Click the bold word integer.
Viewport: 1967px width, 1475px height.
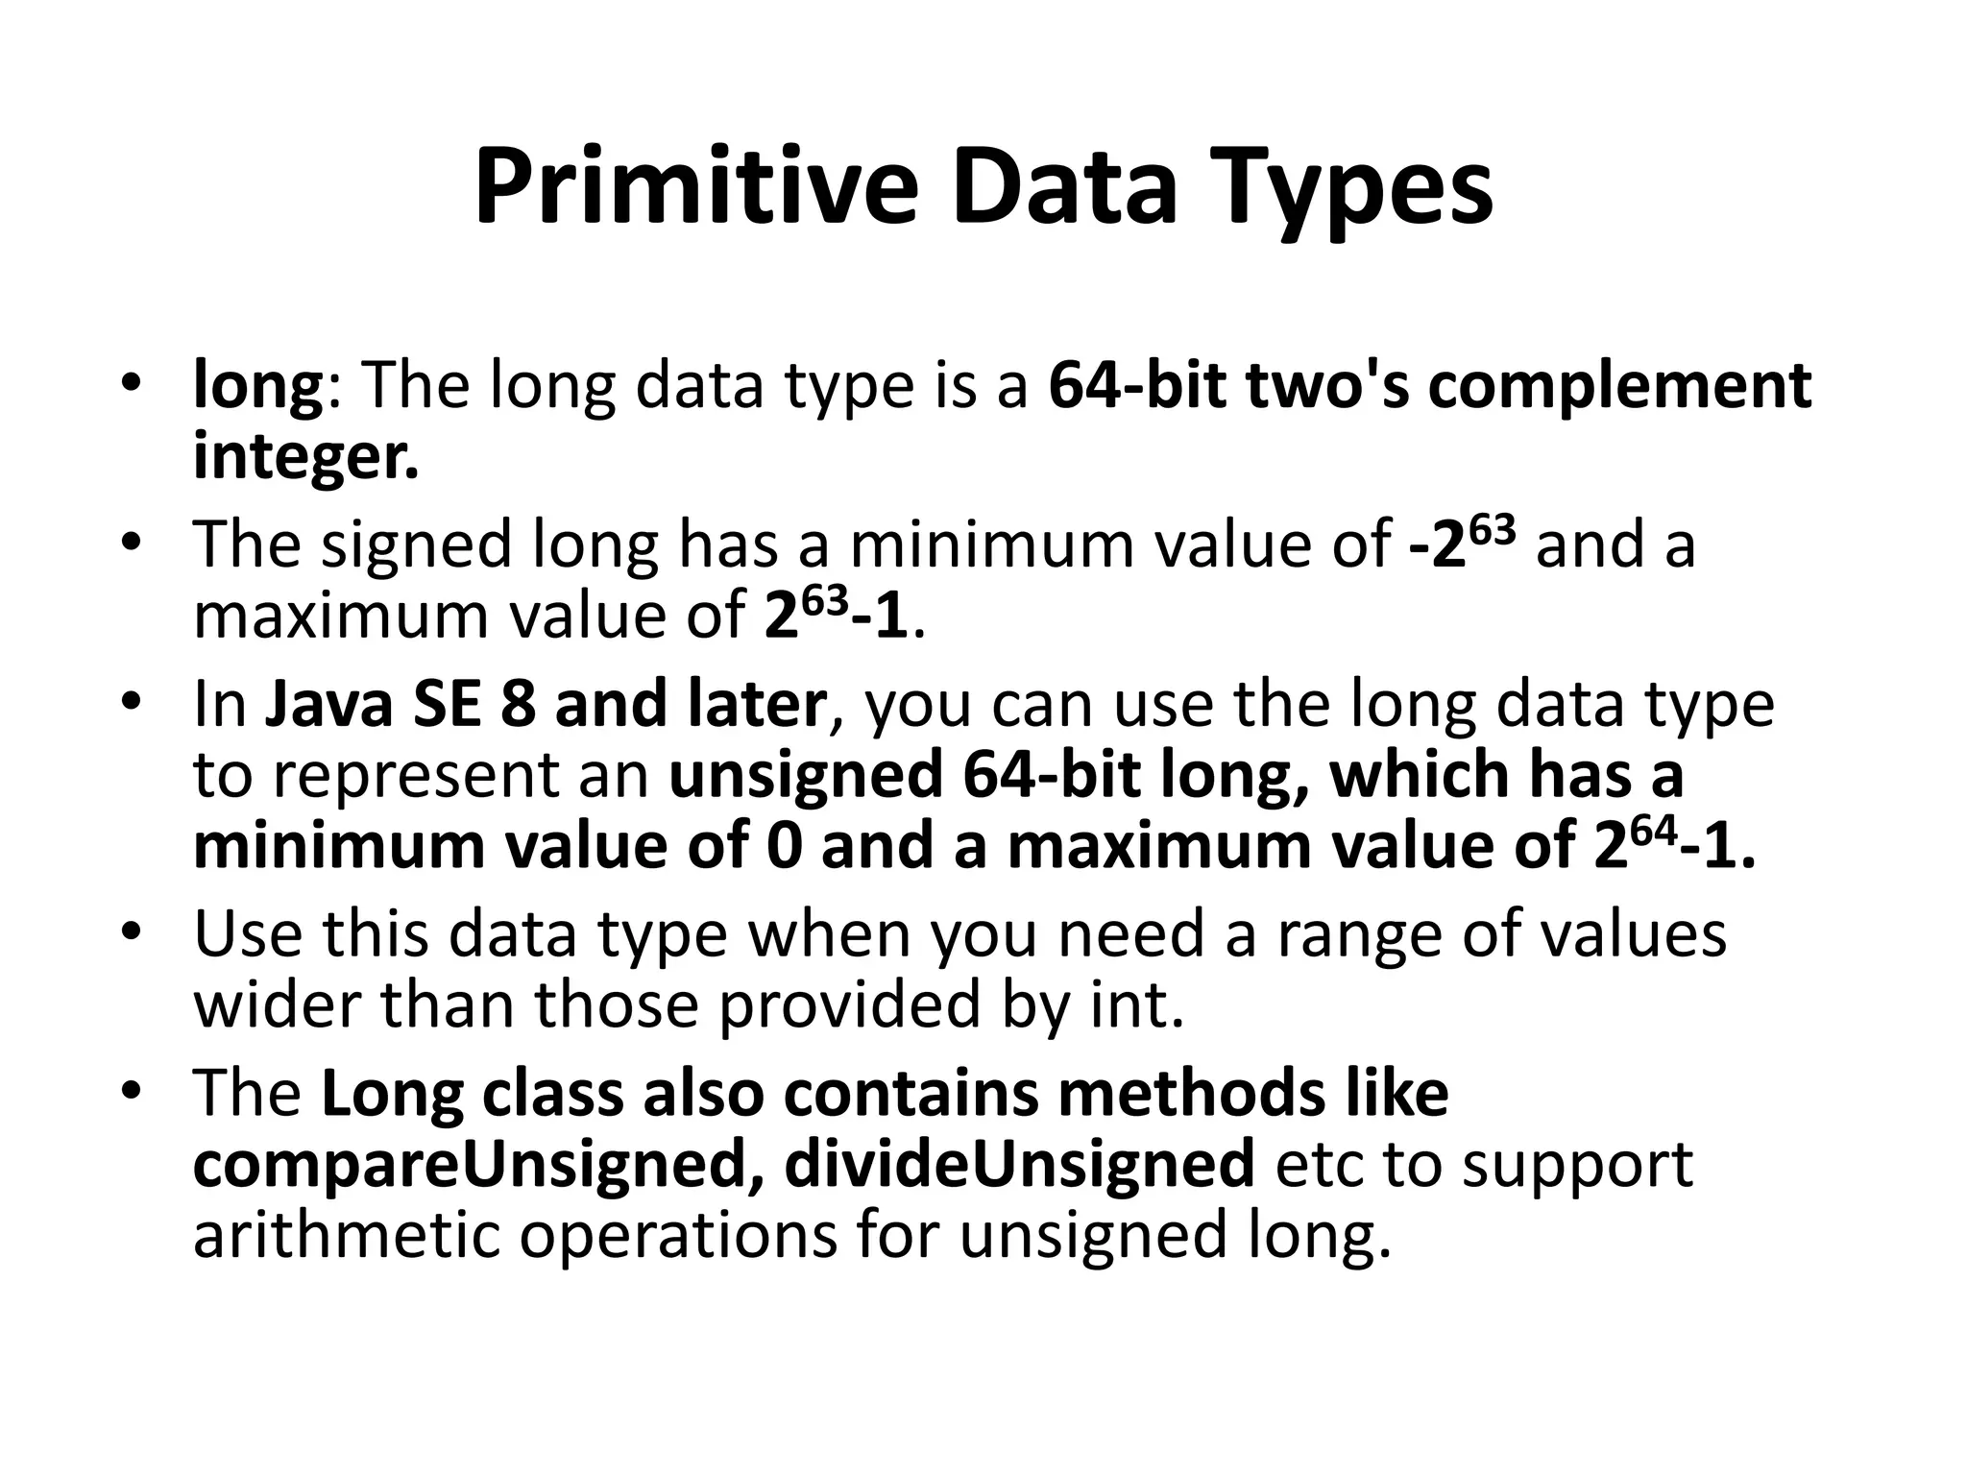pyautogui.click(x=305, y=458)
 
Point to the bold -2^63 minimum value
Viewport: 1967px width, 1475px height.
pyautogui.click(x=1463, y=544)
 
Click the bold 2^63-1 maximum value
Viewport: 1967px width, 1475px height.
pyautogui.click(x=836, y=616)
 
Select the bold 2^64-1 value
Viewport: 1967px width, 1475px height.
pyautogui.click(x=1673, y=846)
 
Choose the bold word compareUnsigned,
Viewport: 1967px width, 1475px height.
pyautogui.click(x=478, y=1165)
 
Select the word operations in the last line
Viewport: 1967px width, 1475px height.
pyautogui.click(x=678, y=1237)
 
